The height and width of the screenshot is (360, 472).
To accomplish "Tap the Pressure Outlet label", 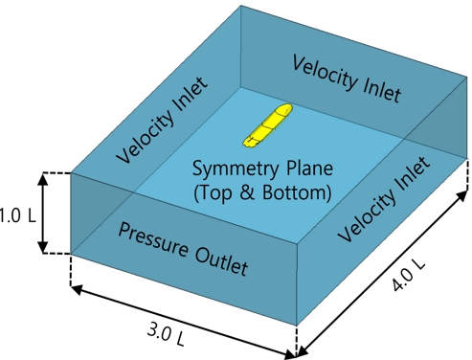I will click(x=183, y=246).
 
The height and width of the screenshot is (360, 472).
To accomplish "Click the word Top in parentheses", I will click(x=216, y=192).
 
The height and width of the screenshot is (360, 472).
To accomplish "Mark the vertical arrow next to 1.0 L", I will click(x=42, y=213).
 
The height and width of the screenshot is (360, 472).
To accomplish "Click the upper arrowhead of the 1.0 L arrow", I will click(x=42, y=177).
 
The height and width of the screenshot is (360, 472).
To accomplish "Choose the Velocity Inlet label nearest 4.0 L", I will click(x=384, y=191).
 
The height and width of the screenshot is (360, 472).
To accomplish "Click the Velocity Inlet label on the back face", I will click(x=347, y=79).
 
